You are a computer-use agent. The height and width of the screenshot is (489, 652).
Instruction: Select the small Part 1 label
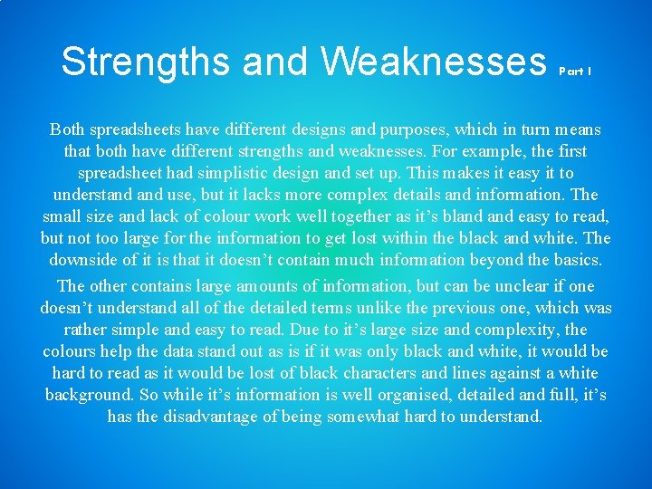(x=576, y=70)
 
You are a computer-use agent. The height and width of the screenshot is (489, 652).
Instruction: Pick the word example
(x=476, y=151)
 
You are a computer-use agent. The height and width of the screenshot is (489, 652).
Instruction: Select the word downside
(x=86, y=260)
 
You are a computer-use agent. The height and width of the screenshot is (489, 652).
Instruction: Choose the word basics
(x=575, y=260)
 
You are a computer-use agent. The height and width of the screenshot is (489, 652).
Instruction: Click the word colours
(x=74, y=351)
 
